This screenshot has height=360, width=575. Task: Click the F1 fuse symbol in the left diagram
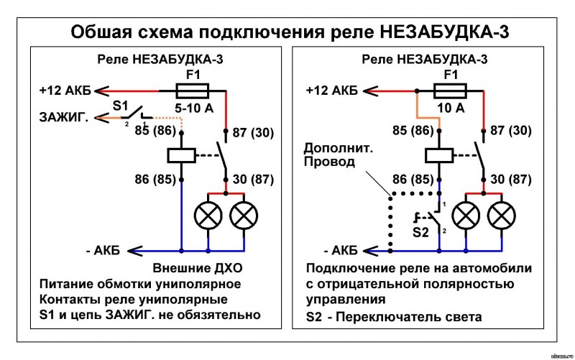(x=193, y=91)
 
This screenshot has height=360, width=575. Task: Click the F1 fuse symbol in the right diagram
(x=450, y=91)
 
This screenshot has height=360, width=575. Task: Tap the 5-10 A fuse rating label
(x=194, y=109)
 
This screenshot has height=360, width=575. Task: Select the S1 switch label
(x=120, y=106)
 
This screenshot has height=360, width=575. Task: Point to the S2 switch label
(x=420, y=232)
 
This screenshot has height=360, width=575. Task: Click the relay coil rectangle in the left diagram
(x=182, y=155)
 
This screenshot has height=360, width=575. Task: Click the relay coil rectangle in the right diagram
(x=439, y=155)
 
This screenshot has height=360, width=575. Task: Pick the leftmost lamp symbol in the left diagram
(x=208, y=216)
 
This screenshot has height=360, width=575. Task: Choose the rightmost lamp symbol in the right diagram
(x=502, y=216)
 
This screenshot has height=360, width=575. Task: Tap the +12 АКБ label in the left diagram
(x=65, y=91)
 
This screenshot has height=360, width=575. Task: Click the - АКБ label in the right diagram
(x=341, y=251)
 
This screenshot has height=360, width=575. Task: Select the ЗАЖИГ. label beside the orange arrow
(x=64, y=117)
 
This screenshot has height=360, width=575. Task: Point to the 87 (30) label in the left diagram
(x=254, y=132)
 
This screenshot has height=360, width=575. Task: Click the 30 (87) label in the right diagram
(x=511, y=179)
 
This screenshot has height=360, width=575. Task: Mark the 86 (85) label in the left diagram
(x=155, y=179)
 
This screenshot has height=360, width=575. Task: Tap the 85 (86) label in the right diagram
(x=413, y=130)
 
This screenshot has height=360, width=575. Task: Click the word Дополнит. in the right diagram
(x=338, y=149)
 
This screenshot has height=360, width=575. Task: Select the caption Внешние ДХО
(x=198, y=268)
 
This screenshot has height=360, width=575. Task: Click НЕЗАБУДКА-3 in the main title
(x=444, y=32)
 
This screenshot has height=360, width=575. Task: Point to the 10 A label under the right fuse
(x=451, y=109)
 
